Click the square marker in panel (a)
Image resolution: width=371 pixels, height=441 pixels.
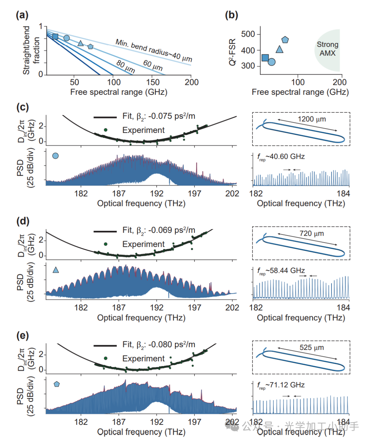[x=55, y=37]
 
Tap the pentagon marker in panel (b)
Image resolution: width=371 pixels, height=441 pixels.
[x=285, y=40]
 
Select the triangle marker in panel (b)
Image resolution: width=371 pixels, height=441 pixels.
[x=280, y=49]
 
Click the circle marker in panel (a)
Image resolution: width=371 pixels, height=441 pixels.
[x=67, y=38]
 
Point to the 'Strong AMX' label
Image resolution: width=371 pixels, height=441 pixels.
[x=327, y=49]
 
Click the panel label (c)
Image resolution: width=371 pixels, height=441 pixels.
[x=23, y=107]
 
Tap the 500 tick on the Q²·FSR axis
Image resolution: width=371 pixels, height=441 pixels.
[x=248, y=34]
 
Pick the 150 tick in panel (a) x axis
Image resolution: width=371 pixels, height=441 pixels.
[x=153, y=82]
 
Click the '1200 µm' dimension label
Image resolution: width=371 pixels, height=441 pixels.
[x=312, y=119]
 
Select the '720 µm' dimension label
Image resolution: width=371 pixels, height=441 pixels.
[x=312, y=234]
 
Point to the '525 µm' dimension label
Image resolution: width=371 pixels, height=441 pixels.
[x=312, y=348]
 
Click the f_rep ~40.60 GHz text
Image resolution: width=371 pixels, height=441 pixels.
[x=281, y=157]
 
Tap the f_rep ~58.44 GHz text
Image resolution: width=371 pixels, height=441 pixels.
[x=281, y=271]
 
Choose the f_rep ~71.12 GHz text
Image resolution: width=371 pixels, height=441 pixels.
[x=281, y=385]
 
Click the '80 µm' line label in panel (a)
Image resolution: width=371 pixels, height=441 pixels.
[x=126, y=66]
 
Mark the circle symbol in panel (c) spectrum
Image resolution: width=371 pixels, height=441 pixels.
[x=55, y=156]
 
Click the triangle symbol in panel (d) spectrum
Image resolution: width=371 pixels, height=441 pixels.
[x=56, y=270]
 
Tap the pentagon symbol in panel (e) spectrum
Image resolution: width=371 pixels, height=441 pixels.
[x=57, y=384]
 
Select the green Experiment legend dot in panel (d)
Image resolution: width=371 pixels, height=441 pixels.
[x=105, y=244]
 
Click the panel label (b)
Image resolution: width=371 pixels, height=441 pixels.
[x=231, y=15]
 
